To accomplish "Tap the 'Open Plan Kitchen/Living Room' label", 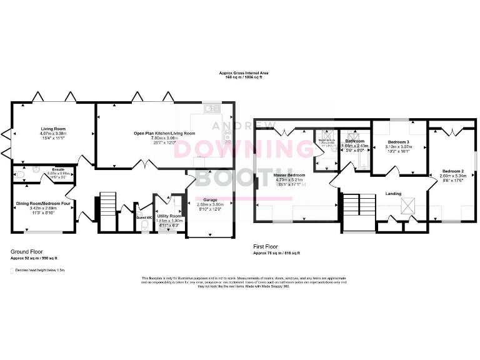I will pyautogui.click(x=164, y=133).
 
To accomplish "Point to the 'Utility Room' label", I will pyautogui.click(x=169, y=216).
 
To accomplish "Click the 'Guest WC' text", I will pyautogui.click(x=144, y=217).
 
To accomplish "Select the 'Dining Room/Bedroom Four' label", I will pyautogui.click(x=43, y=203).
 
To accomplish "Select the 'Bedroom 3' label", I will pyautogui.click(x=399, y=142).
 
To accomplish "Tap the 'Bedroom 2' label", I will pyautogui.click(x=453, y=171).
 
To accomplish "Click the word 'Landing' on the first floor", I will pyautogui.click(x=393, y=193).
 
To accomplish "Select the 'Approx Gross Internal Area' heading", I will pyautogui.click(x=240, y=72).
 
